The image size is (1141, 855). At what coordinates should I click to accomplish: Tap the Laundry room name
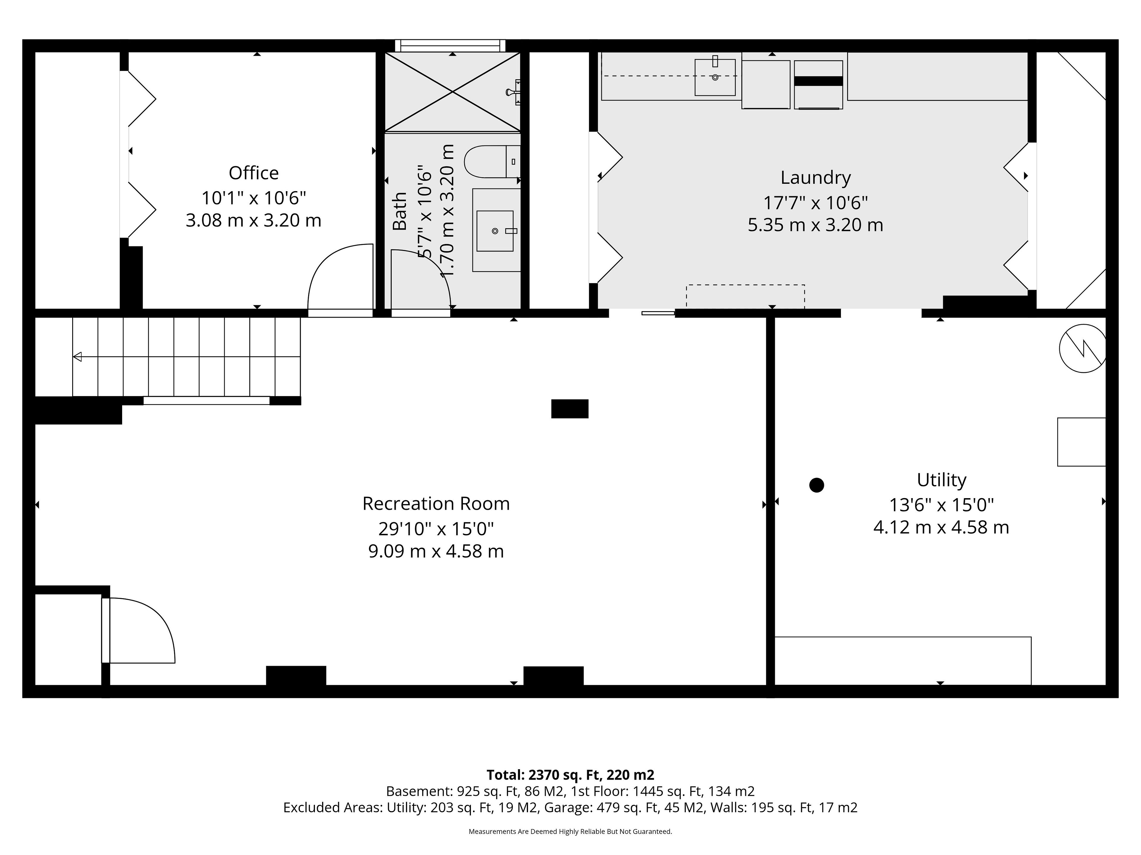click(816, 178)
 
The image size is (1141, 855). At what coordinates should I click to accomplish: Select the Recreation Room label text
click(436, 503)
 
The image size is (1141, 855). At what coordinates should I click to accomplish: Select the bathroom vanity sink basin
click(495, 231)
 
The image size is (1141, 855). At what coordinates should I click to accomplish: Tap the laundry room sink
click(715, 77)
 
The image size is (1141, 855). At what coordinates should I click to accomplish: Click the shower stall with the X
click(452, 92)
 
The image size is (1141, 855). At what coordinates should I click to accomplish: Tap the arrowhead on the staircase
click(77, 356)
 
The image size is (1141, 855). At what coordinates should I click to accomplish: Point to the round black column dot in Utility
click(817, 485)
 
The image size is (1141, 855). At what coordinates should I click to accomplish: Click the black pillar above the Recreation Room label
click(570, 409)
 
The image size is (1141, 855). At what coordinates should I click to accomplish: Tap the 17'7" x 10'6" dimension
click(816, 203)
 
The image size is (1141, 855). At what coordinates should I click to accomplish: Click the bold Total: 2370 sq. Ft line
click(570, 775)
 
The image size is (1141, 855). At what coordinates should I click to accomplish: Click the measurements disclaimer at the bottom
click(570, 831)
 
